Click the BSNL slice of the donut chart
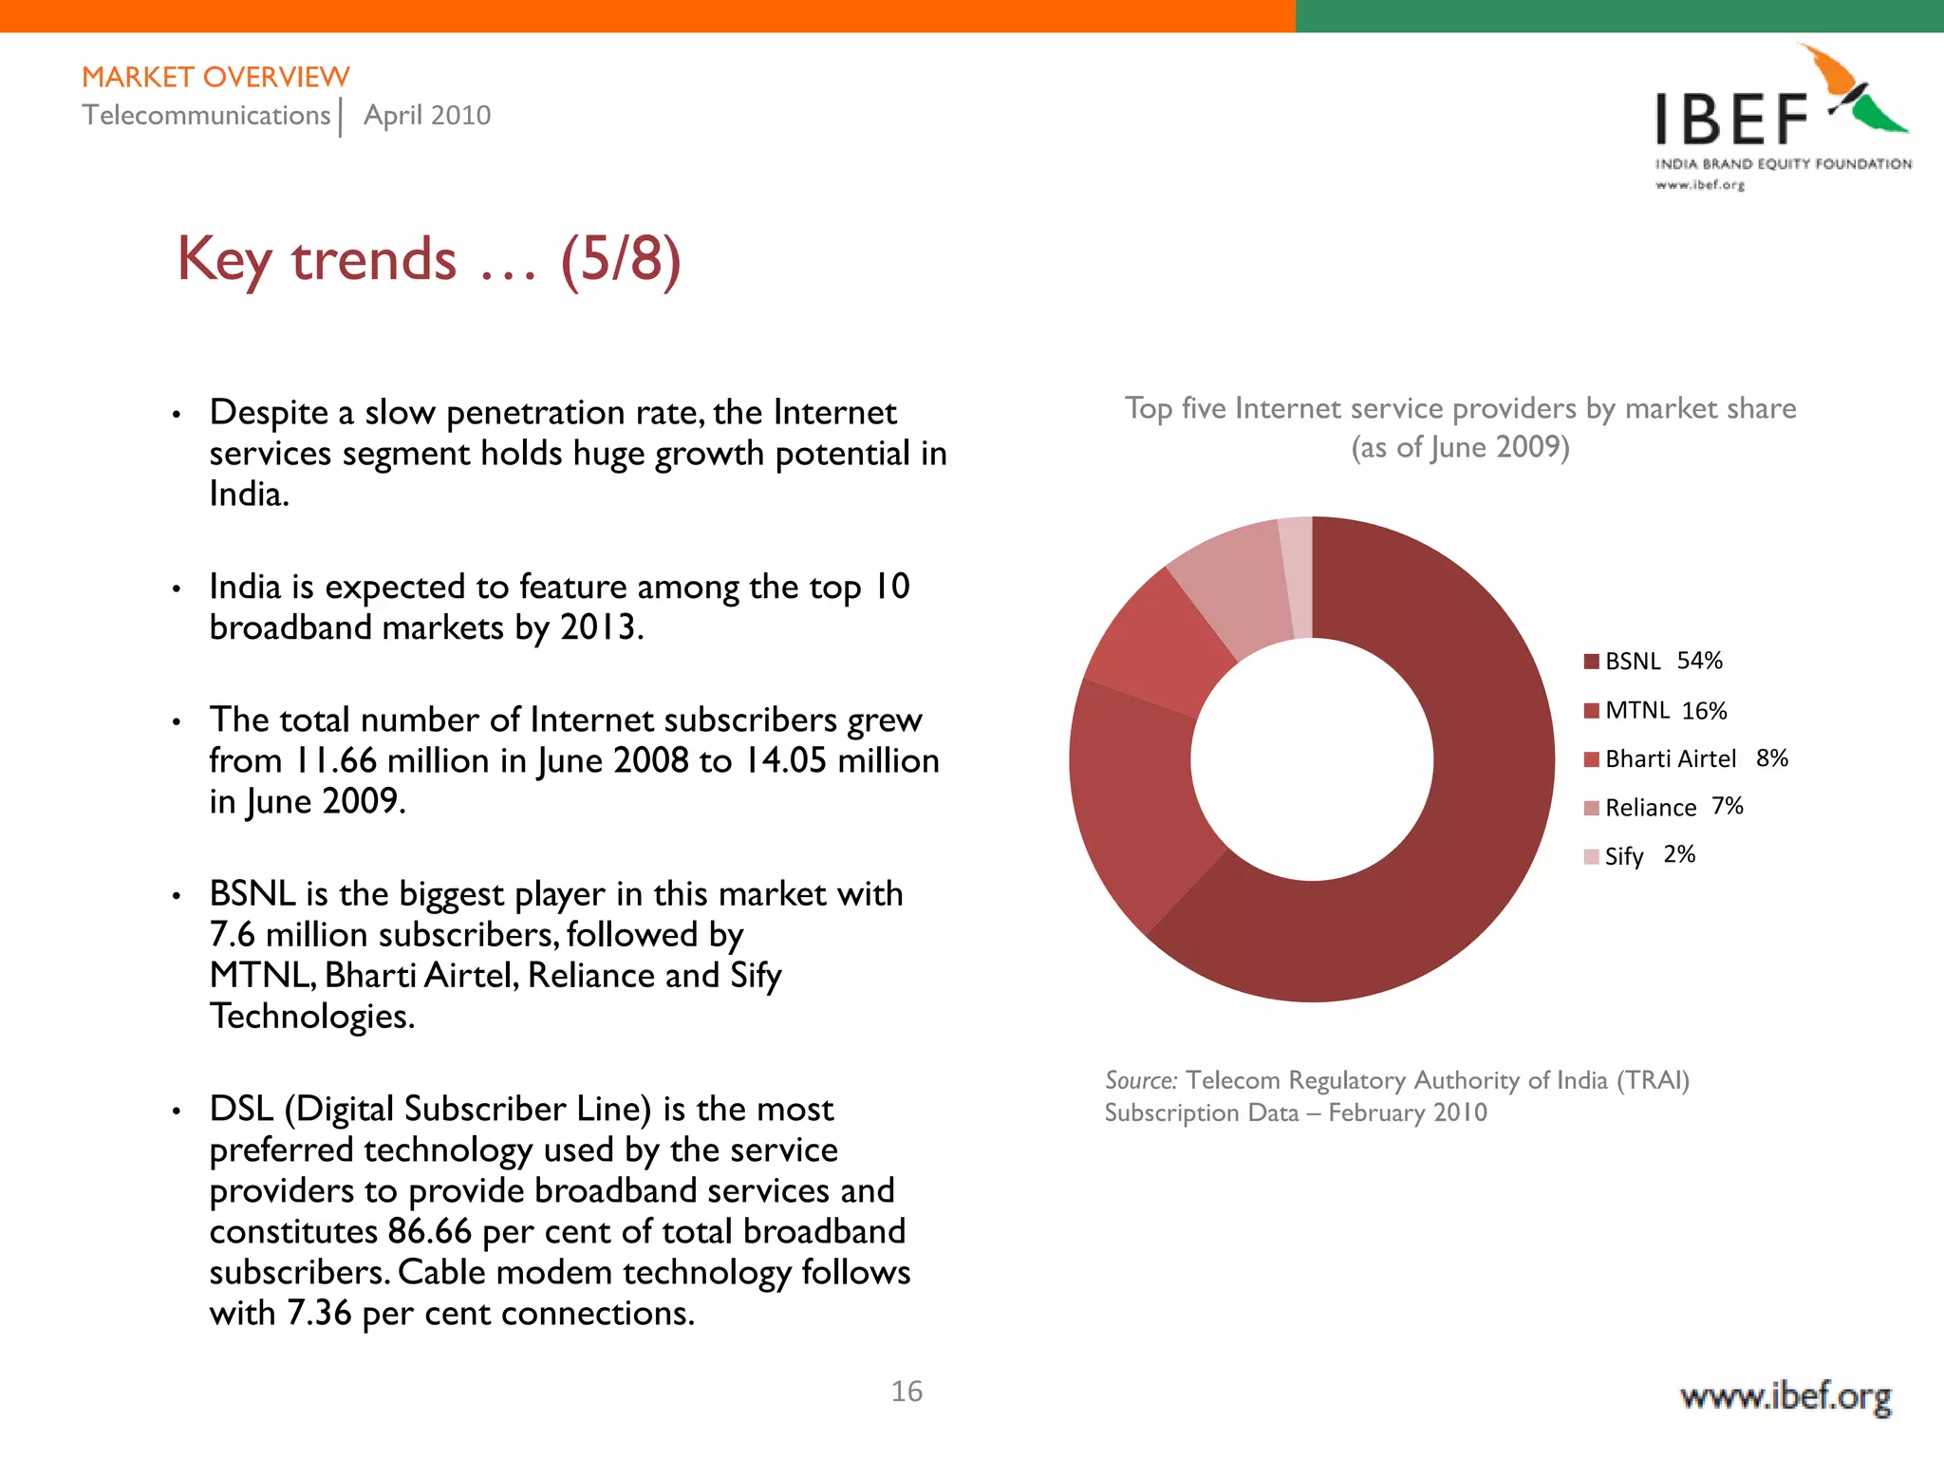tap(1481, 807)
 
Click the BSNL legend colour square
tap(1592, 662)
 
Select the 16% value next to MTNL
tap(1704, 711)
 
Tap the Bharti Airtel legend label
tap(1671, 758)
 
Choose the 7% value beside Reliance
tap(1728, 806)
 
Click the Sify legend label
tap(1623, 856)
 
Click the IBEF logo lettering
tap(1731, 121)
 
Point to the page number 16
tap(907, 1392)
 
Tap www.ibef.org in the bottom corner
tap(1785, 1397)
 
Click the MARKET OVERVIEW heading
tap(215, 77)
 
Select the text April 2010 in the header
tap(427, 116)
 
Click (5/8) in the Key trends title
tap(621, 259)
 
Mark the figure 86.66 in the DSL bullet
tap(429, 1232)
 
